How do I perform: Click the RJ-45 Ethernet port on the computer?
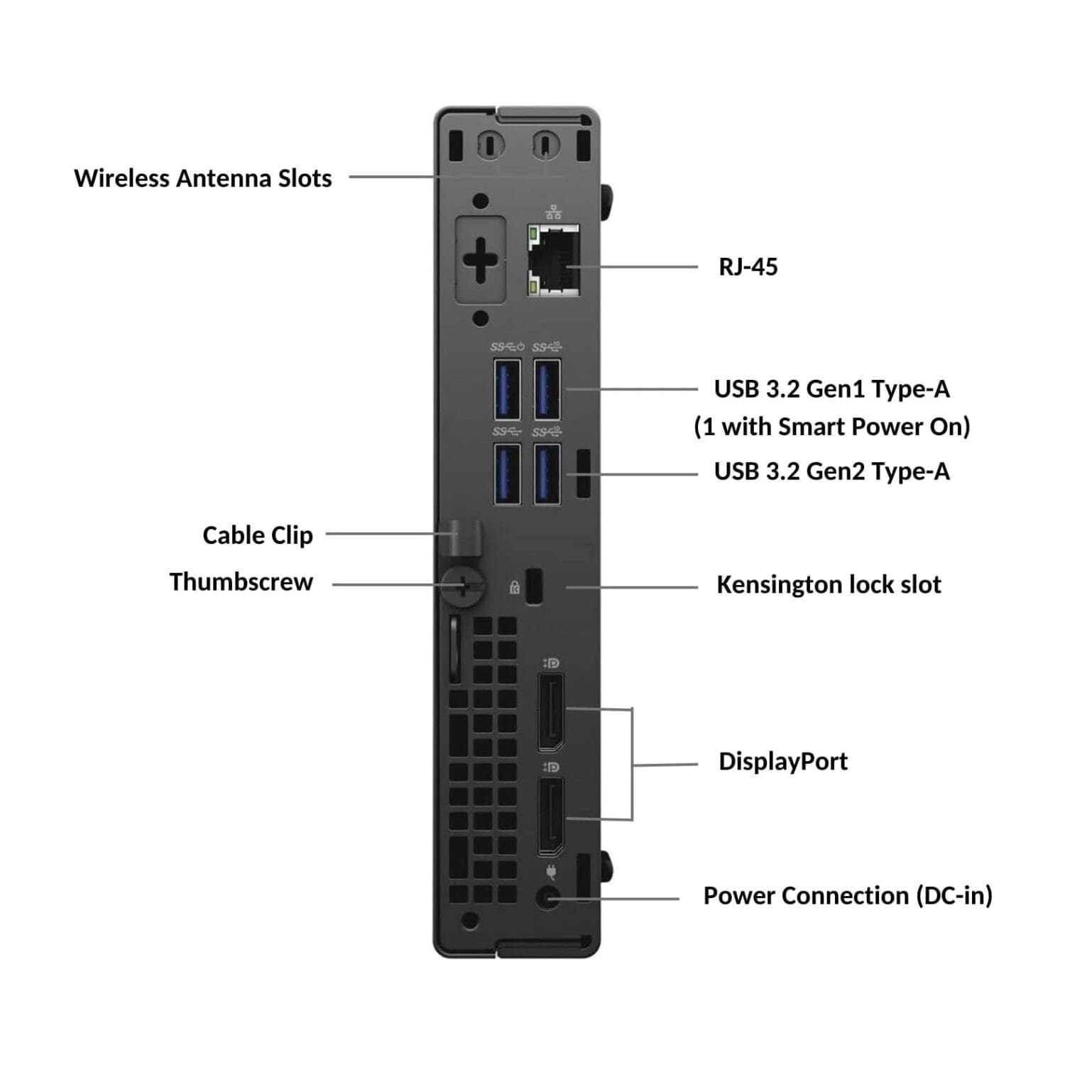pos(553,261)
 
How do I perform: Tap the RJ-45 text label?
pos(748,267)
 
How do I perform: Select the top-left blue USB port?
pos(507,390)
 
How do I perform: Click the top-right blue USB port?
pos(547,390)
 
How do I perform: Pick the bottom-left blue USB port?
pos(507,474)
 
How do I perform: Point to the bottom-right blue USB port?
pos(547,474)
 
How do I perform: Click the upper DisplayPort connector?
pos(551,713)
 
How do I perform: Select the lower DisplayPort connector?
pos(551,816)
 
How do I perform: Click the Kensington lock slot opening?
pos(534,587)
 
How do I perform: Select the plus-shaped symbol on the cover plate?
pos(481,261)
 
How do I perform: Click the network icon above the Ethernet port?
pos(554,211)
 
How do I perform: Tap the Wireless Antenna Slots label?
pos(203,178)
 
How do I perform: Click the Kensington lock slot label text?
pos(829,585)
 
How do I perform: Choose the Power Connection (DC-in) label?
pos(848,896)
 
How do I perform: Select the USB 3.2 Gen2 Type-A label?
pos(831,471)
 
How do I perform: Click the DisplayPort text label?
pos(783,762)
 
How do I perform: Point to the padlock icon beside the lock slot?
pos(515,587)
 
